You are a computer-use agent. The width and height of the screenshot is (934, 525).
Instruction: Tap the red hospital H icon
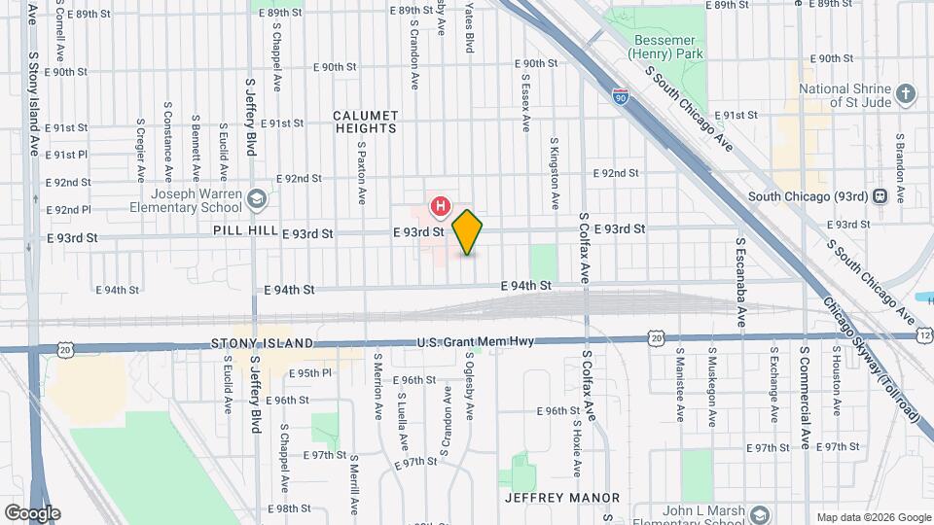tap(441, 206)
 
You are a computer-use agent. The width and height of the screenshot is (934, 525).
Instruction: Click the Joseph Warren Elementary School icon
tap(257, 199)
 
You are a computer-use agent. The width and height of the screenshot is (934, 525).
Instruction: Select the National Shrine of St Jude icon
tap(906, 94)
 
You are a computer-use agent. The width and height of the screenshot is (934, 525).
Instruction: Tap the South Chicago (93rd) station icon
tap(880, 195)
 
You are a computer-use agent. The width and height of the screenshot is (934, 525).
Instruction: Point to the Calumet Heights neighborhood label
tap(366, 122)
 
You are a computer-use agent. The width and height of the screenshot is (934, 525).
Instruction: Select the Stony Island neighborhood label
tap(263, 344)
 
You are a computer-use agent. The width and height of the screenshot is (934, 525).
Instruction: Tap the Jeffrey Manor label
tap(562, 498)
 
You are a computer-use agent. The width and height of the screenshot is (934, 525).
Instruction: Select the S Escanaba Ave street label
tap(740, 282)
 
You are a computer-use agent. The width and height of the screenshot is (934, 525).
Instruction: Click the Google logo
tap(32, 512)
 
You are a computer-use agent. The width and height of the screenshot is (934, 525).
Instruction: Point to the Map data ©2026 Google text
tap(873, 517)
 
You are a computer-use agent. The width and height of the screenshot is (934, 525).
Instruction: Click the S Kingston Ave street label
tap(556, 174)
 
